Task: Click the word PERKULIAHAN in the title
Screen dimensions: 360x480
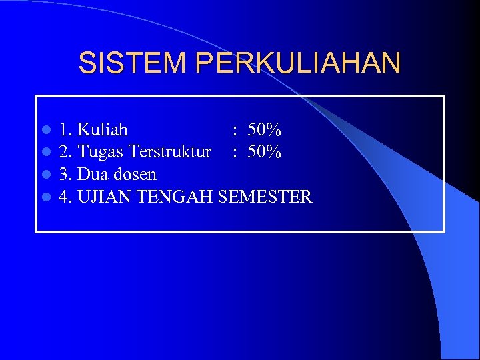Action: [x=299, y=63]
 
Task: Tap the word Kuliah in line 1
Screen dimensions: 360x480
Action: [x=103, y=129]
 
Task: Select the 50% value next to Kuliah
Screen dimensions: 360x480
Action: [x=265, y=129]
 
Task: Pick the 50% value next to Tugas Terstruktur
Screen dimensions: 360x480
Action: [x=265, y=152]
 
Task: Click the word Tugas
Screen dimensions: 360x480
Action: [x=101, y=153]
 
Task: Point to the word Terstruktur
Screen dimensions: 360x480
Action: [x=170, y=152]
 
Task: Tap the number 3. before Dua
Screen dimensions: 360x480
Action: [x=65, y=175]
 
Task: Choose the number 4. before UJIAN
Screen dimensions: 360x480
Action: [x=65, y=197]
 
